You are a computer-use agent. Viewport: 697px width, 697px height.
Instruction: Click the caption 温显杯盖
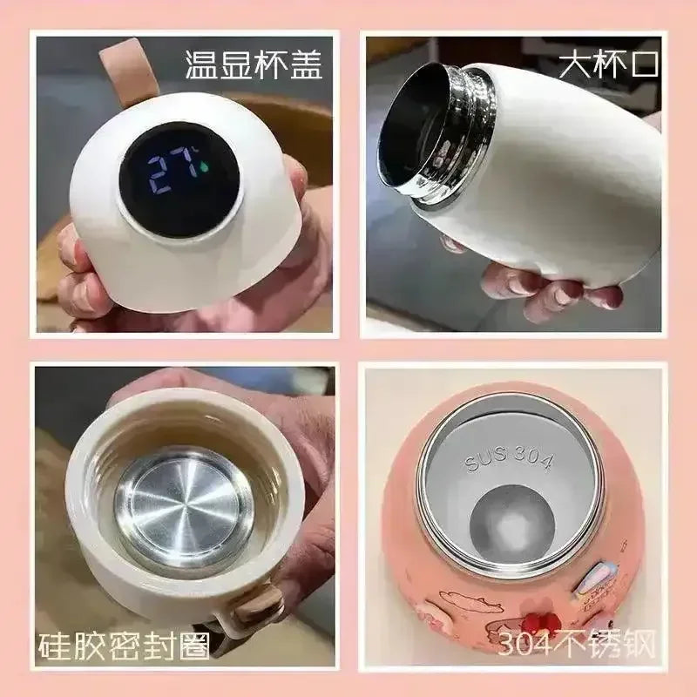click(x=253, y=65)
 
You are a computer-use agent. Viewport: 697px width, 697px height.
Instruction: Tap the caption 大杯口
click(x=608, y=65)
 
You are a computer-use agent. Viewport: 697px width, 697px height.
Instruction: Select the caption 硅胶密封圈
click(x=124, y=646)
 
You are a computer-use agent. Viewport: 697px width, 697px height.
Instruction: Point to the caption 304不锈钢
click(x=577, y=644)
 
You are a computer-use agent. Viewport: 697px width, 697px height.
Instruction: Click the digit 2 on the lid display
click(x=159, y=175)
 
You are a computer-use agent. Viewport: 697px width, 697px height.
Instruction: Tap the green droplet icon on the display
click(x=205, y=166)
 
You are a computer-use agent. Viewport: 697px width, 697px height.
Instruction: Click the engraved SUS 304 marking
click(x=509, y=459)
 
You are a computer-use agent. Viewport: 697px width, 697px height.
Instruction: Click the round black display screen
click(x=179, y=179)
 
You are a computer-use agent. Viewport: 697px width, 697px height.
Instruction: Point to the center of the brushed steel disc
click(x=183, y=508)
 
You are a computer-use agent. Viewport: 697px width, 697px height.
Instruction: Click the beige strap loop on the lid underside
click(x=257, y=604)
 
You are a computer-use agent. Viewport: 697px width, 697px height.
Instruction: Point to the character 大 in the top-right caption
click(x=575, y=65)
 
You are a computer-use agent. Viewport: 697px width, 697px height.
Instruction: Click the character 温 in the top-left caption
click(x=200, y=65)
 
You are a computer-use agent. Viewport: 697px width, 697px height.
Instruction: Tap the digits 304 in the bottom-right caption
click(x=524, y=645)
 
